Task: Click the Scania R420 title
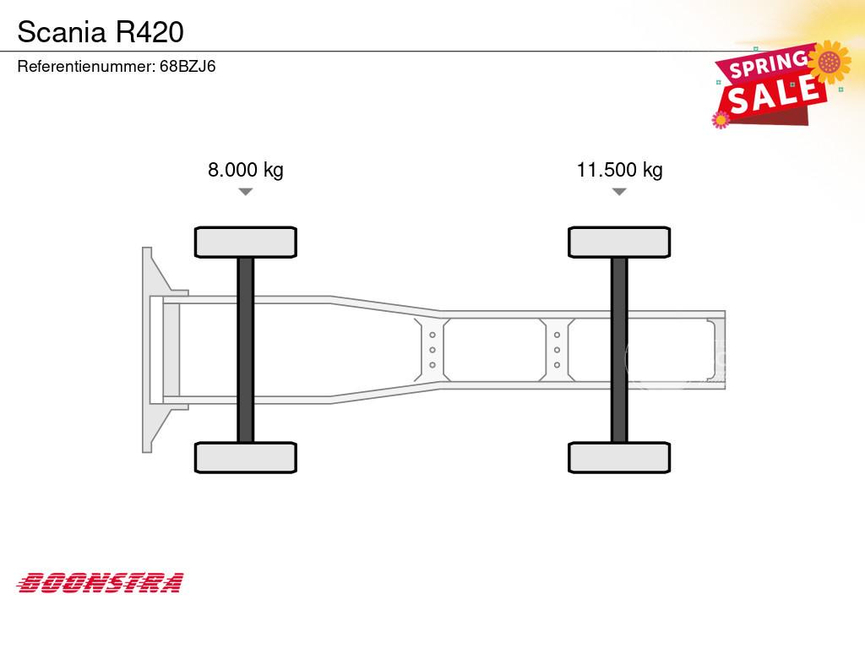click(101, 32)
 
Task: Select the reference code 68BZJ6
click(188, 66)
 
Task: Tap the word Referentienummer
click(85, 66)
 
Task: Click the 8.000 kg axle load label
click(246, 169)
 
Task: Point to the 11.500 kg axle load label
click(619, 169)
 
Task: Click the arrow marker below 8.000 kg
click(246, 192)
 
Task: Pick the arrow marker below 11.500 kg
click(619, 192)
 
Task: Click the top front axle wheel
click(246, 243)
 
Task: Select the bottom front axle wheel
click(246, 457)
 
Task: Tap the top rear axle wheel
click(619, 243)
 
